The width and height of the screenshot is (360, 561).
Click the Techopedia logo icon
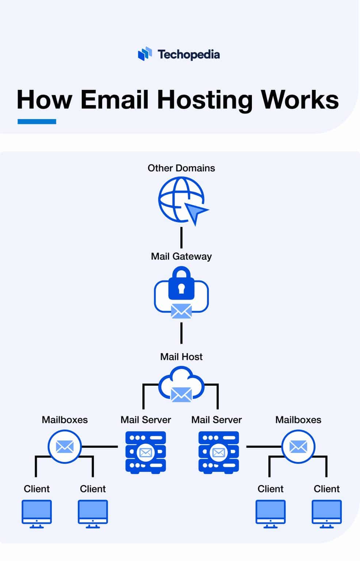point(145,54)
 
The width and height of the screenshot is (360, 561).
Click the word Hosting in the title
point(205,99)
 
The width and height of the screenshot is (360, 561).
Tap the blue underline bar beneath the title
point(37,122)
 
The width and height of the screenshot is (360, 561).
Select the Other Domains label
point(181,168)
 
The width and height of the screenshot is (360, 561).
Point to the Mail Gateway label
point(181,256)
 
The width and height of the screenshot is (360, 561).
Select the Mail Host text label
point(181,357)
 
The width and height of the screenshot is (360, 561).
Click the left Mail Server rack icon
point(146,452)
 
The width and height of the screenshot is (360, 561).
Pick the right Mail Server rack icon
point(218,452)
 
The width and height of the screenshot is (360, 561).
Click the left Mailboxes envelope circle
point(65,446)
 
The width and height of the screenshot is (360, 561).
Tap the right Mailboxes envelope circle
point(298,446)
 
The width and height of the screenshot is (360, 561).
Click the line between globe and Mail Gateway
point(181,237)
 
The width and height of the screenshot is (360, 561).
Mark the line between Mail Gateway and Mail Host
point(181,333)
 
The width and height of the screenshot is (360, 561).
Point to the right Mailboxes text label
point(298,420)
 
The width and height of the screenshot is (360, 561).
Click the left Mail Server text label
point(146,420)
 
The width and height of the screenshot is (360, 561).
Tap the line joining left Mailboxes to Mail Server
point(99,446)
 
